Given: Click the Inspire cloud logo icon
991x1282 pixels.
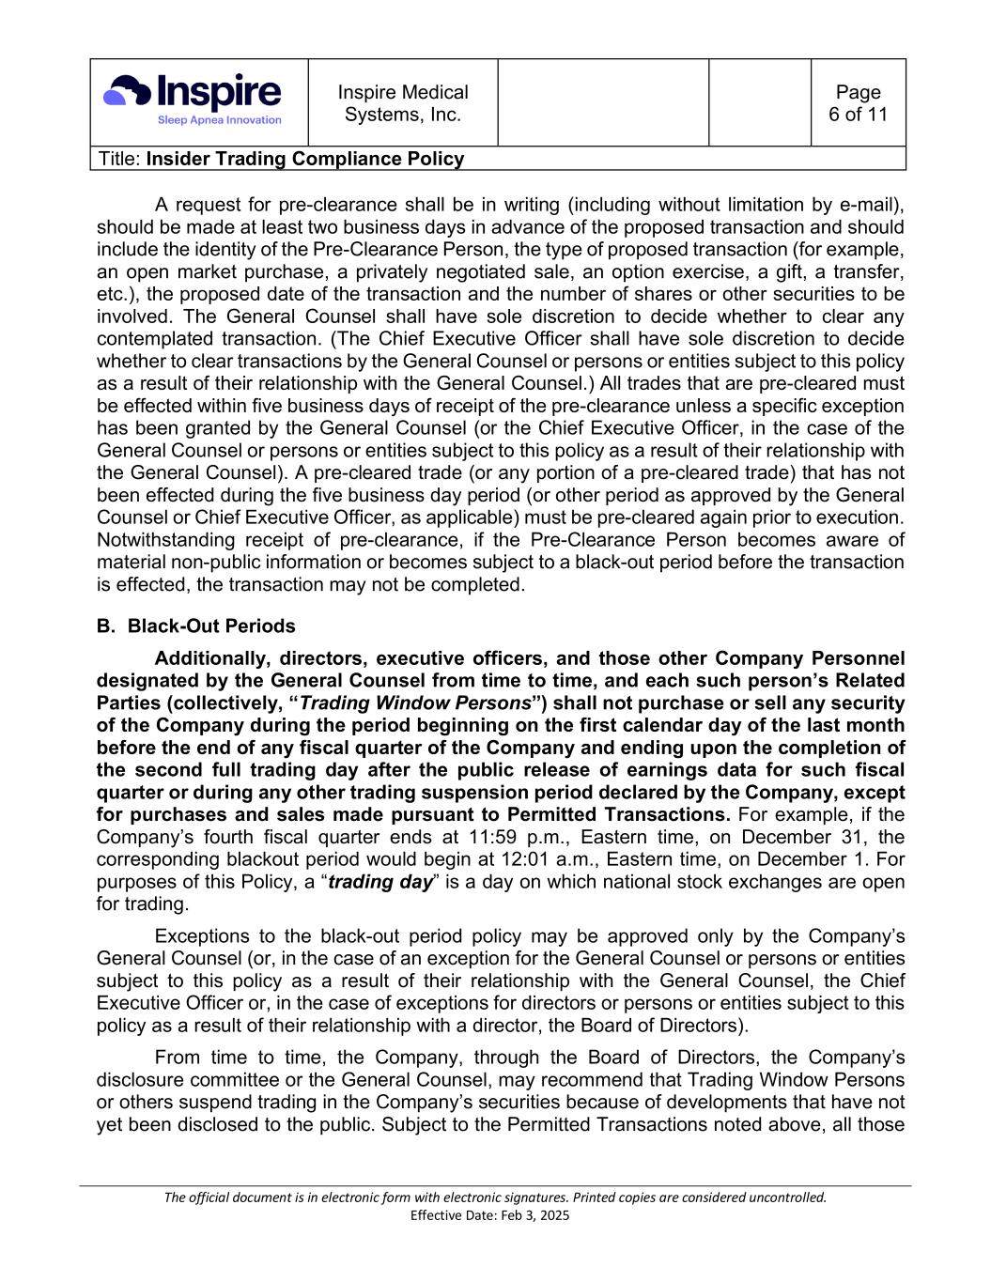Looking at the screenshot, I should tap(127, 91).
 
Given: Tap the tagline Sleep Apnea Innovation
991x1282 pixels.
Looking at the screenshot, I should tap(219, 120).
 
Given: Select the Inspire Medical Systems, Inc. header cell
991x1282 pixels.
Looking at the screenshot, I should tap(403, 103).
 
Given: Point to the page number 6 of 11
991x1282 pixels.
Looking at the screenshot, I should tap(858, 103).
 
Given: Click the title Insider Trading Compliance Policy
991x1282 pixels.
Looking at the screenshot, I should tap(305, 159).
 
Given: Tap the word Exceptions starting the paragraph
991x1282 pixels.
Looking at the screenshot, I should tap(202, 936).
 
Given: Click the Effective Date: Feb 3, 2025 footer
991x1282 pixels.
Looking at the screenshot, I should tap(490, 1215).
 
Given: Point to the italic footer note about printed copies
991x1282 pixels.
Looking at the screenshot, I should tap(495, 1197).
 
